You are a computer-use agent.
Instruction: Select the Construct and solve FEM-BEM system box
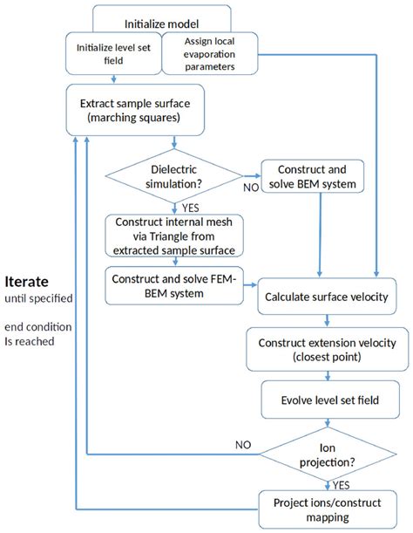point(173,285)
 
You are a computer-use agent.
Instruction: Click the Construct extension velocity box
point(326,349)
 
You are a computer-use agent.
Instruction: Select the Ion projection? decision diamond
point(330,454)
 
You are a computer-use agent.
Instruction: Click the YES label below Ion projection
point(342,483)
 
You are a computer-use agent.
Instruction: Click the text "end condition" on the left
point(38,327)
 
